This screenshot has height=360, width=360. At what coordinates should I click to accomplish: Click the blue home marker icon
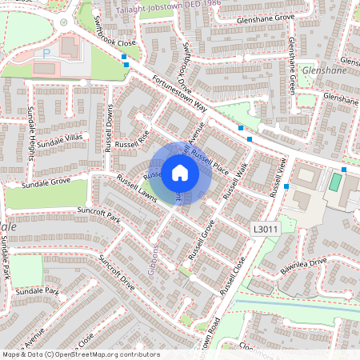[180, 173]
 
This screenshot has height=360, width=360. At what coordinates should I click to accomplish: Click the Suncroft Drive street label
[116, 272]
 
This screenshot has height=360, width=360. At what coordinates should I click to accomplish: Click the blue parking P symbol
[46, 53]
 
